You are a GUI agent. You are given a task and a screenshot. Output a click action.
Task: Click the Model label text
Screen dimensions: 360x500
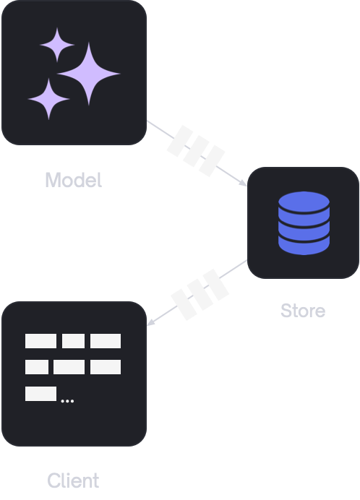tap(74, 180)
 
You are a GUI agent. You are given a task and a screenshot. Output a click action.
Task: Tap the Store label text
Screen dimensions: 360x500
tap(303, 311)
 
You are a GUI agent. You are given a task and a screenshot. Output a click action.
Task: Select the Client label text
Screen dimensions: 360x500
tap(73, 480)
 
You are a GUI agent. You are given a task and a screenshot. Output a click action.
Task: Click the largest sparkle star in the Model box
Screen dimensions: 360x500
tap(89, 74)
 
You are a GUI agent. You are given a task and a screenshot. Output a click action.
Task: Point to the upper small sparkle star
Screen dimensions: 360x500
tap(57, 45)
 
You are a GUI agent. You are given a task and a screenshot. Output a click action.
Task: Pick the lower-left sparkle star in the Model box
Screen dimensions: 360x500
tap(49, 99)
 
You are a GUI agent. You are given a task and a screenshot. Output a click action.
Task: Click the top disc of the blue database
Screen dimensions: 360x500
tap(304, 202)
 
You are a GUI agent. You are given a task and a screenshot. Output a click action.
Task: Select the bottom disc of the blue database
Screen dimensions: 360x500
tap(304, 245)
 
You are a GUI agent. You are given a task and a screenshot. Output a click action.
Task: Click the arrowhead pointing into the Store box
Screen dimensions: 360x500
tap(243, 183)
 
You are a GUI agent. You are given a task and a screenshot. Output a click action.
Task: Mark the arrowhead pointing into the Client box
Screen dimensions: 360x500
tap(150, 322)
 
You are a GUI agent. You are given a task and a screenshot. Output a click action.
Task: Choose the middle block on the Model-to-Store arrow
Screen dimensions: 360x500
tap(196, 151)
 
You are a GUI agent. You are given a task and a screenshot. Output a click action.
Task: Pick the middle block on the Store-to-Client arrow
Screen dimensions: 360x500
tap(200, 295)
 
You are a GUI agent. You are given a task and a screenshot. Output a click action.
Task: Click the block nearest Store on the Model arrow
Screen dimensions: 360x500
tap(212, 161)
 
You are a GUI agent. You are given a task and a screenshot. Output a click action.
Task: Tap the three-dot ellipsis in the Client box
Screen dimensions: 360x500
tap(67, 401)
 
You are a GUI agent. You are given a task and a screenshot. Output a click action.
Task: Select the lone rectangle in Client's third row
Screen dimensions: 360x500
tap(41, 394)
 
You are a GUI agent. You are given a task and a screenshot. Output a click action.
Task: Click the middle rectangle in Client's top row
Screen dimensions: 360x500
tap(74, 341)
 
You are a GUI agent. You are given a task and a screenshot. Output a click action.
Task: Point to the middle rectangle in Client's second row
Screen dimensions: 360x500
tap(69, 367)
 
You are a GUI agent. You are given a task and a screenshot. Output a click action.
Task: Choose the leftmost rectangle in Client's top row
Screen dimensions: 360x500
tap(41, 341)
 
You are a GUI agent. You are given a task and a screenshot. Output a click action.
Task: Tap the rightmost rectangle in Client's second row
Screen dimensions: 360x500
tap(106, 367)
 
